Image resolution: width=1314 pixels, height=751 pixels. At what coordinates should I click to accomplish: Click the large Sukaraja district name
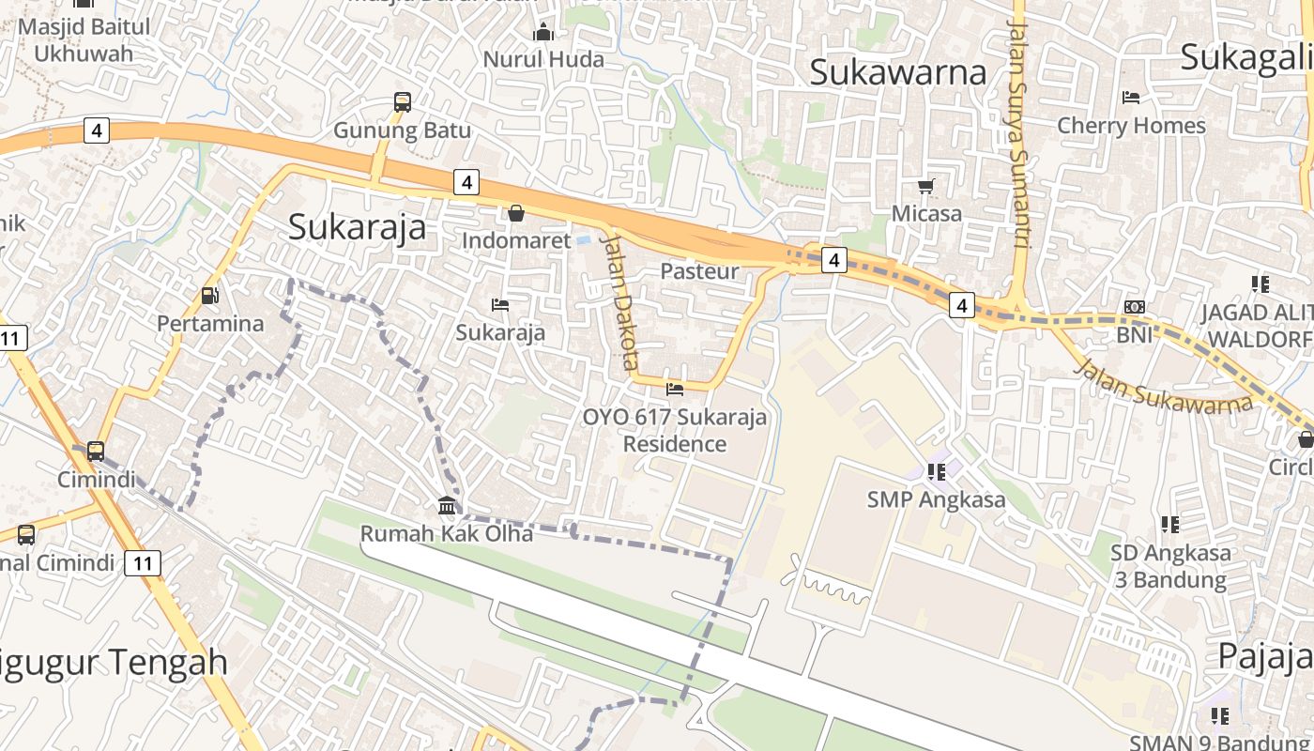pyautogui.click(x=357, y=227)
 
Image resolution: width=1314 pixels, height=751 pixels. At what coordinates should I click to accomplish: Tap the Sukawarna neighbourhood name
pyautogui.click(x=897, y=72)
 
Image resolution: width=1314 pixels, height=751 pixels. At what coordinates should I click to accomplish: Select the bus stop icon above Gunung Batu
pyautogui.click(x=403, y=102)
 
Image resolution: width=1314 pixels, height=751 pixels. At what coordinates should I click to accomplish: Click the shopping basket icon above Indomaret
pyautogui.click(x=515, y=213)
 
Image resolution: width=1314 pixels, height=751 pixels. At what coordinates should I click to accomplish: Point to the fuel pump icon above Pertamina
pyautogui.click(x=210, y=296)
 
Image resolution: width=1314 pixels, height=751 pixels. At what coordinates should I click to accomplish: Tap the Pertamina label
pyautogui.click(x=210, y=324)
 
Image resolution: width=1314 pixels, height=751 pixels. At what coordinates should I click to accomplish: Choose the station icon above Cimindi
pyautogui.click(x=95, y=452)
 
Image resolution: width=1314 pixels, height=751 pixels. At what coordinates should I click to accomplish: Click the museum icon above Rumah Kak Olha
pyautogui.click(x=447, y=507)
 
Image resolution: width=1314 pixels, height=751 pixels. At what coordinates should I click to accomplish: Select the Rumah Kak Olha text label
pyautogui.click(x=447, y=534)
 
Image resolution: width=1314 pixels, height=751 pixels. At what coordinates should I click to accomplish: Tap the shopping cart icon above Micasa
pyautogui.click(x=926, y=186)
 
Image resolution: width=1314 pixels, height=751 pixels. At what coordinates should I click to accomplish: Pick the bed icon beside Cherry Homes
pyautogui.click(x=1131, y=98)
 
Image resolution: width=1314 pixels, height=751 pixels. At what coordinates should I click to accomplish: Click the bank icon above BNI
pyautogui.click(x=1134, y=307)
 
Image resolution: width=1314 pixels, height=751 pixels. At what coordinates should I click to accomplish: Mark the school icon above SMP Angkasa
pyautogui.click(x=936, y=471)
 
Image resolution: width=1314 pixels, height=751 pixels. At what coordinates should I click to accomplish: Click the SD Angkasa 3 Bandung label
pyautogui.click(x=1170, y=566)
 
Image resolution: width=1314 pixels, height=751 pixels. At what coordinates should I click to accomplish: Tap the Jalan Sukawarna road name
pyautogui.click(x=1164, y=385)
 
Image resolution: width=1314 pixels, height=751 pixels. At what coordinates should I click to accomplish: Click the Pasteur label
pyautogui.click(x=699, y=271)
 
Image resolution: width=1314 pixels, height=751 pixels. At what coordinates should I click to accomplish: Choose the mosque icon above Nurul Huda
pyautogui.click(x=543, y=34)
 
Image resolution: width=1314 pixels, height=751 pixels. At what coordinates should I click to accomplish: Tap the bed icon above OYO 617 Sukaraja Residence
pyautogui.click(x=674, y=389)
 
